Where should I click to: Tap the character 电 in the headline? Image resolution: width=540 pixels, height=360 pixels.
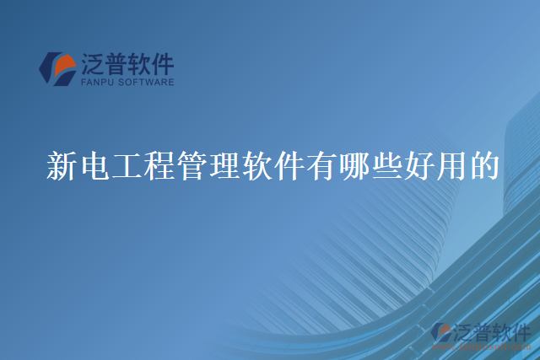tap(94, 166)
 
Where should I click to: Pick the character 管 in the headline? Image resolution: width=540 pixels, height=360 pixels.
tap(191, 166)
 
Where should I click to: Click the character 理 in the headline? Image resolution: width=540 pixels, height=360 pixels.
tap(223, 166)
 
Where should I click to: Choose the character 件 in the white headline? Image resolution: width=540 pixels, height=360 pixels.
tap(288, 166)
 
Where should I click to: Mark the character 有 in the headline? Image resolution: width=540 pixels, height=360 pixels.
tap(320, 166)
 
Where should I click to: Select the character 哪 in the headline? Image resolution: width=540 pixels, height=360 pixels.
tap(352, 166)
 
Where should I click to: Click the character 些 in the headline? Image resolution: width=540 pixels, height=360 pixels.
tap(385, 166)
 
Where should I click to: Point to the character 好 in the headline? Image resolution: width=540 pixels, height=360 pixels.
tap(417, 166)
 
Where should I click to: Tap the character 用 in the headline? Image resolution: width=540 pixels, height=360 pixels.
tap(449, 166)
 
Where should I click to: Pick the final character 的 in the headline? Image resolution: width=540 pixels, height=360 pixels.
tap(482, 166)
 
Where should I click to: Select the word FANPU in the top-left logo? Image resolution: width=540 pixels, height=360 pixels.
tap(98, 83)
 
